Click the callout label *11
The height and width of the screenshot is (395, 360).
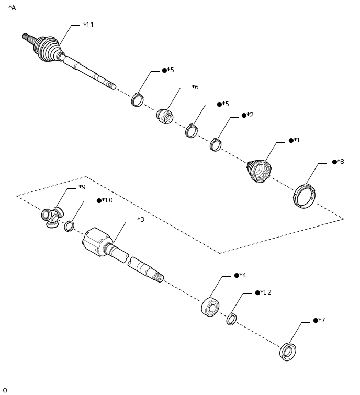pyautogui.click(x=88, y=25)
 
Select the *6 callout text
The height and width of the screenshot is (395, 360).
pyautogui.click(x=195, y=87)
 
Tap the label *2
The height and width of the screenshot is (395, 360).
pyautogui.click(x=250, y=115)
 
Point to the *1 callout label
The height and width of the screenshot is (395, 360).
pyautogui.click(x=297, y=140)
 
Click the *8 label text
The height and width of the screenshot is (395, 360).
pyautogui.click(x=340, y=162)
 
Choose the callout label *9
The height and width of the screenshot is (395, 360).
pyautogui.click(x=82, y=187)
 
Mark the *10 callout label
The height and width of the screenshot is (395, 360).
pyautogui.click(x=107, y=200)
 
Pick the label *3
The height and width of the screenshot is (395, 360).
pyautogui.click(x=140, y=220)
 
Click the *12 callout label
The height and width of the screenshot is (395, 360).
pyautogui.click(x=265, y=292)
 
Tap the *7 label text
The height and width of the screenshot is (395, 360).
pyautogui.click(x=321, y=320)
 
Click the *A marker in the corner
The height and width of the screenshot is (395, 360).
pyautogui.click(x=12, y=8)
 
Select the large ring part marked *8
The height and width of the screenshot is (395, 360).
pyautogui.click(x=304, y=196)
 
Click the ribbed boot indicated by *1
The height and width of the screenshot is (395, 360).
pyautogui.click(x=259, y=171)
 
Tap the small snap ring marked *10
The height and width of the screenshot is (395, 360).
pyautogui.click(x=69, y=226)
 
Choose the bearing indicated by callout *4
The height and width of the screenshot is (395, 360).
pyautogui.click(x=210, y=307)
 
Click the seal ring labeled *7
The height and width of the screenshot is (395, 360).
pyautogui.click(x=288, y=352)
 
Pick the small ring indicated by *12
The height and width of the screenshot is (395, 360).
pyautogui.click(x=231, y=319)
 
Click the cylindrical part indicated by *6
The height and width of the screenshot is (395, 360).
pyautogui.click(x=165, y=116)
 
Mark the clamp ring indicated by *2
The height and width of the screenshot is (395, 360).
pyautogui.click(x=216, y=145)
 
